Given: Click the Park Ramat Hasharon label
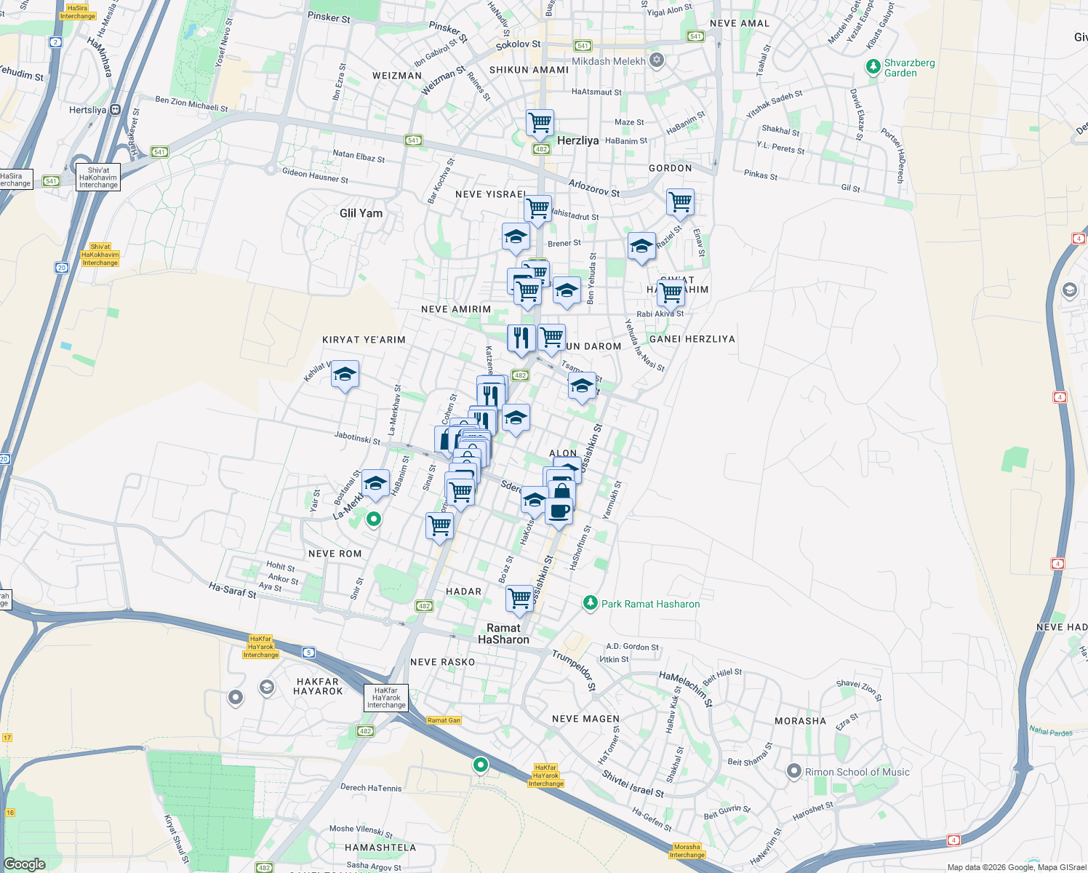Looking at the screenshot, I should coord(650,604).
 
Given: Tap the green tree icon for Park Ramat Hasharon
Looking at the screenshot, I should coord(591,603).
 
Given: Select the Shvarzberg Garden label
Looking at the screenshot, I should coord(909,68).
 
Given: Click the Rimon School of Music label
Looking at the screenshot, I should coord(857,772).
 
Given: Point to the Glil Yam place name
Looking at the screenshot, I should coord(361,213).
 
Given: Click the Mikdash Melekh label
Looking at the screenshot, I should coord(608,61).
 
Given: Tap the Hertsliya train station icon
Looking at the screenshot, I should coord(116,110).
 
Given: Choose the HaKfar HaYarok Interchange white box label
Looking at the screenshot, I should coord(386,698).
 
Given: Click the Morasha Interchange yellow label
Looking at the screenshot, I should coord(687,850).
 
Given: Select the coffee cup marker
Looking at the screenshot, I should coord(559,511).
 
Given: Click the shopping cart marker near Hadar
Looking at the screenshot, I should coord(519,599).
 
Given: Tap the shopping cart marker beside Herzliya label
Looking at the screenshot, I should coord(540,123).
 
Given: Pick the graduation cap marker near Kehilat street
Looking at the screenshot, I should coord(345,375).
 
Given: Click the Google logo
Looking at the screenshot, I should coord(24,864).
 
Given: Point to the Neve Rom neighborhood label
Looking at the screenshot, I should coord(335,554).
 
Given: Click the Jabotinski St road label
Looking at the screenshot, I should coord(357,438).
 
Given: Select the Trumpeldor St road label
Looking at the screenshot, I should coord(574,670).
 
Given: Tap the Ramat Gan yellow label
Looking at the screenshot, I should coord(444,720).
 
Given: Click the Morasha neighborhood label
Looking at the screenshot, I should coord(800,721).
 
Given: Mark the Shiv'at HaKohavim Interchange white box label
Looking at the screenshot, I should coord(98,178).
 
